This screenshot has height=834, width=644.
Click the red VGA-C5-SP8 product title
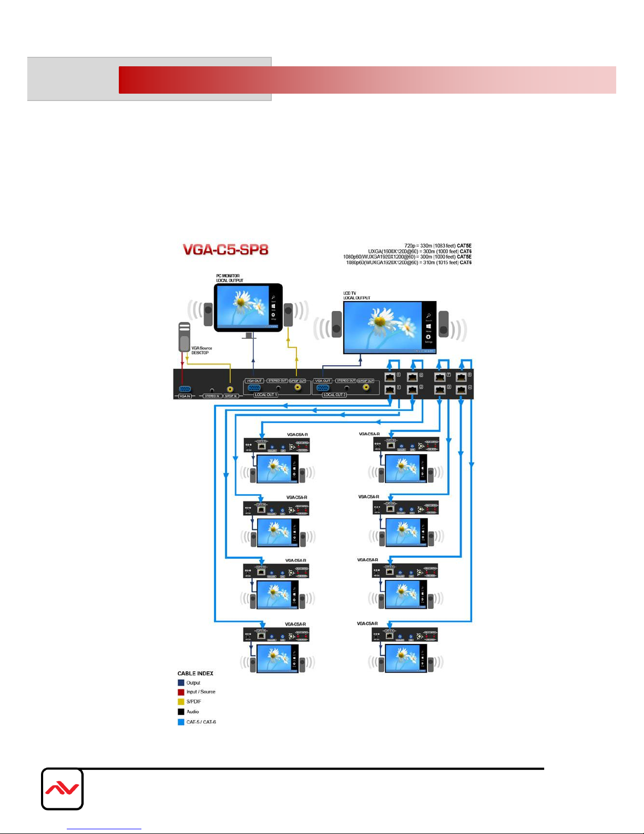pyautogui.click(x=226, y=249)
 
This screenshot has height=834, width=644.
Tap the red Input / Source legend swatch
pyautogui.click(x=181, y=692)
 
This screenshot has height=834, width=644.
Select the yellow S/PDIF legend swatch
pyautogui.click(x=181, y=702)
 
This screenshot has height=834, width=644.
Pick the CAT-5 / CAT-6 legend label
pyautogui.click(x=201, y=722)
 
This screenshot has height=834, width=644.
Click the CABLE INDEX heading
pyautogui.click(x=195, y=674)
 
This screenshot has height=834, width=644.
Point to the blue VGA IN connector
pyautogui.click(x=185, y=389)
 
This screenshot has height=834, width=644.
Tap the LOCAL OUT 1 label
pyautogui.click(x=266, y=395)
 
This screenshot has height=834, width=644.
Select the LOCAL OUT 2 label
pyautogui.click(x=334, y=395)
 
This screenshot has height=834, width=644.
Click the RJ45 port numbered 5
pyautogui.click(x=390, y=377)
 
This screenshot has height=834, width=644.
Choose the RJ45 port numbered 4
pyautogui.click(x=461, y=389)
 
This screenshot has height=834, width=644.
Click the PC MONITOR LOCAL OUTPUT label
pyautogui.click(x=229, y=278)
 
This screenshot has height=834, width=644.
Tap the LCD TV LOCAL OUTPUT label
pyautogui.click(x=356, y=296)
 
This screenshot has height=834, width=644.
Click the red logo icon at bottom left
pyautogui.click(x=62, y=789)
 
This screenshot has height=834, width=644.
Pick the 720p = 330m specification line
pyautogui.click(x=437, y=246)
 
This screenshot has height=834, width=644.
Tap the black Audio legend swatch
pyautogui.click(x=181, y=712)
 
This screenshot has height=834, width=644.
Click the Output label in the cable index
pyautogui.click(x=193, y=683)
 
